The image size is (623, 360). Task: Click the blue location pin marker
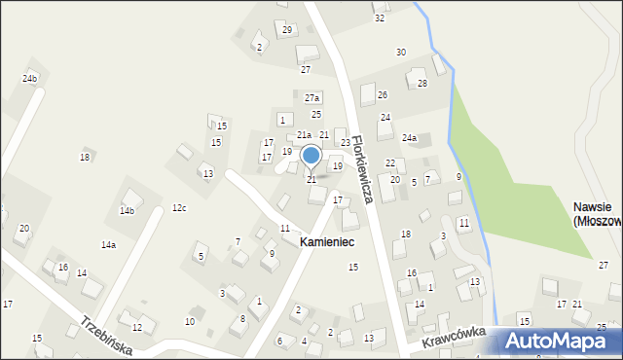click(311, 157)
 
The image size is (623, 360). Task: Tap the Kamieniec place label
click(327, 240)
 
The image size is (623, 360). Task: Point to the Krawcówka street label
click(453, 339)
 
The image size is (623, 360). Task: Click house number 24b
click(30, 78)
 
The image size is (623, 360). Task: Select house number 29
click(287, 30)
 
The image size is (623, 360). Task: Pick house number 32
click(380, 18)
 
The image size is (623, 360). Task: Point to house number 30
click(400, 52)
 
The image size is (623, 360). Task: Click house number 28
click(422, 84)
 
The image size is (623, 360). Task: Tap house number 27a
click(312, 98)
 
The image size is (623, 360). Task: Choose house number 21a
click(304, 135)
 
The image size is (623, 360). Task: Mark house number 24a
click(410, 139)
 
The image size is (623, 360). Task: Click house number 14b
click(127, 210)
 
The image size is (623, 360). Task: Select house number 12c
click(179, 208)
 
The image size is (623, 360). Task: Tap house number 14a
click(108, 245)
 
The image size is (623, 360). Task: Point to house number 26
click(383, 94)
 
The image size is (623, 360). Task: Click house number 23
click(346, 143)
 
